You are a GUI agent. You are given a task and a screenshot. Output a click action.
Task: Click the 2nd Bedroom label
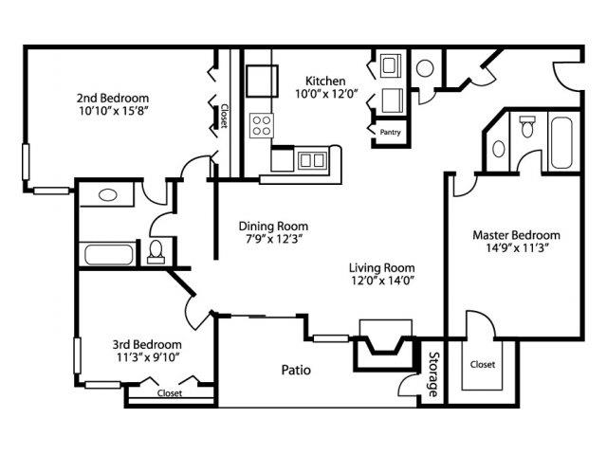tap(112, 97)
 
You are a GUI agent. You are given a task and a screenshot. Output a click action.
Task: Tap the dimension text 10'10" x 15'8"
tap(112, 110)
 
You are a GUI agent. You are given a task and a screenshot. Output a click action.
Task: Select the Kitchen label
tap(324, 82)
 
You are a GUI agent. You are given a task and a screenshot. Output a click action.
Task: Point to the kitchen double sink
tap(309, 160)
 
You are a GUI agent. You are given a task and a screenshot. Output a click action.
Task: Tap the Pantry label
tap(390, 133)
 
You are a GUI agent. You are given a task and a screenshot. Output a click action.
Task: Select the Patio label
tap(295, 370)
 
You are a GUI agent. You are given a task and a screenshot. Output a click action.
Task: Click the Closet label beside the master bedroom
tap(482, 363)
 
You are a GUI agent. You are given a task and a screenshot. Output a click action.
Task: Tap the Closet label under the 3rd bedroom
tap(170, 392)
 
